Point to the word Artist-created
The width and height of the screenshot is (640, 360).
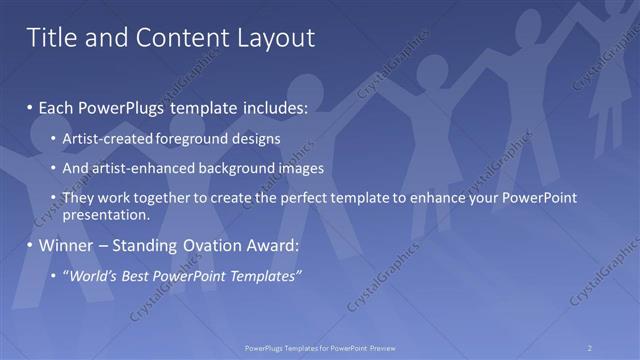click(x=105, y=138)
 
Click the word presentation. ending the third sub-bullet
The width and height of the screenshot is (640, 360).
click(x=105, y=214)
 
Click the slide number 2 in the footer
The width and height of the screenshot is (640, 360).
click(x=590, y=348)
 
